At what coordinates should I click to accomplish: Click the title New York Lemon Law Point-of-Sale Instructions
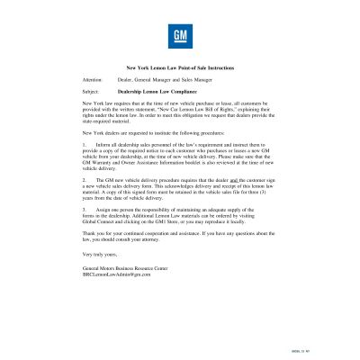180,67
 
